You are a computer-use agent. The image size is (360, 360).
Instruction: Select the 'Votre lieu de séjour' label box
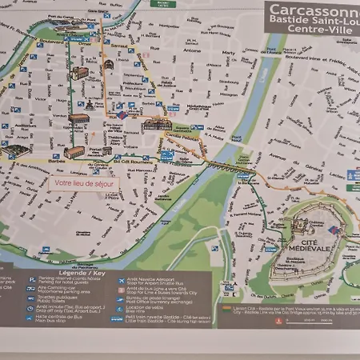coord(83,183)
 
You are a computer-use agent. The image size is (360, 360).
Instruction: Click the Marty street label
coord(229,53)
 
